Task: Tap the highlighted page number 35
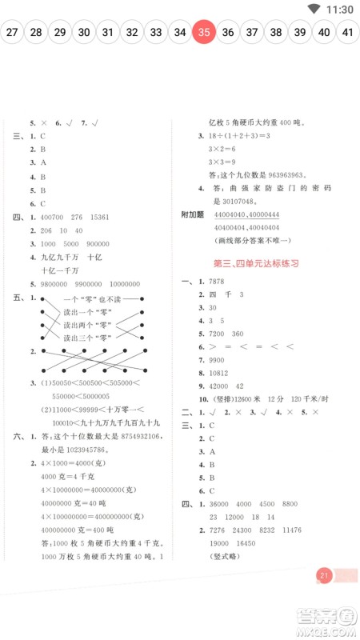[x=204, y=33]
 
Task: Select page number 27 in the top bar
[x=11, y=33]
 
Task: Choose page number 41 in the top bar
[x=348, y=33]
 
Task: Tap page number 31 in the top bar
[x=107, y=33]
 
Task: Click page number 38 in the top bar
[x=275, y=33]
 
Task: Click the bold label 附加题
[x=194, y=214]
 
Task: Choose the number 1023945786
[x=87, y=450]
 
